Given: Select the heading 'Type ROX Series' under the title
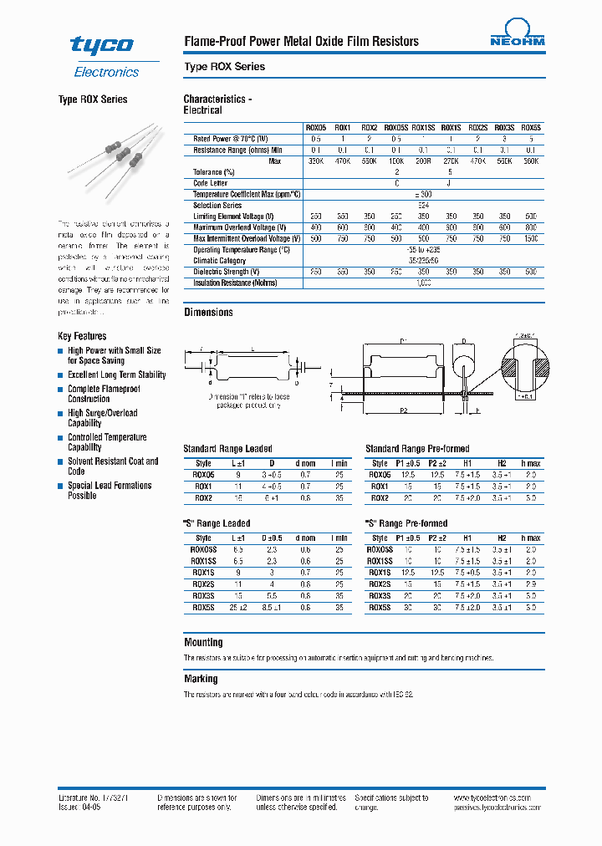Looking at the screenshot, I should [224, 67].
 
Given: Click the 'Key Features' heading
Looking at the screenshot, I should [82, 336].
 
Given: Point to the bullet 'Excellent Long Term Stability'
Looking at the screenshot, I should [117, 375].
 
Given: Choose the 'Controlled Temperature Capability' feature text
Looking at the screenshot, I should [107, 442].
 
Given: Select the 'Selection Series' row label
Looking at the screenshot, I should [217, 205].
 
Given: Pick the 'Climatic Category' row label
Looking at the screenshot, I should [220, 261].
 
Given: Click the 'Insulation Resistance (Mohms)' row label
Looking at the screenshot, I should [234, 283].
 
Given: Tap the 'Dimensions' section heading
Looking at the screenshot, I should [208, 313].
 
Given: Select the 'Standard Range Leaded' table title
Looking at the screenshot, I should [227, 449].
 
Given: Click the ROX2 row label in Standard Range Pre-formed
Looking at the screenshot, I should [379, 497].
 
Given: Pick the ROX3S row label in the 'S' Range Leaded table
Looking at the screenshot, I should [203, 596].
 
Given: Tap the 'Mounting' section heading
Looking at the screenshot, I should [203, 643].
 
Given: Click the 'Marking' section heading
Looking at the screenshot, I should [201, 679].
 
